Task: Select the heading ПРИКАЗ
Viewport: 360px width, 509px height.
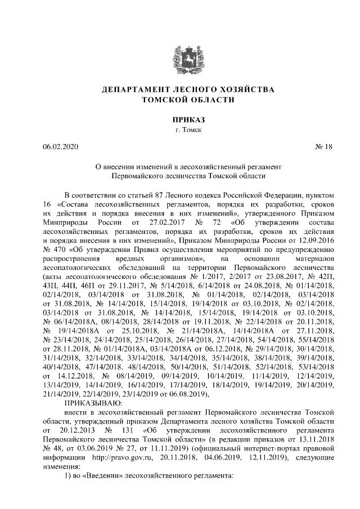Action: (x=180, y=119)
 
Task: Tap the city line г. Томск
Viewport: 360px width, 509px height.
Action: (x=180, y=130)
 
